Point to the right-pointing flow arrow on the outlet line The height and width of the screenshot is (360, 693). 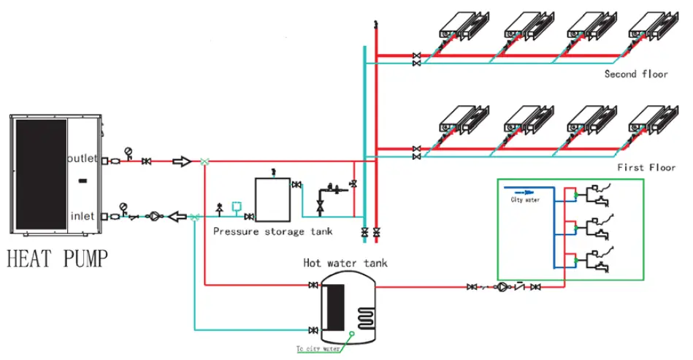click(x=182, y=160)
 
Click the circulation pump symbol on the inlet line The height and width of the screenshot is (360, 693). click(x=154, y=216)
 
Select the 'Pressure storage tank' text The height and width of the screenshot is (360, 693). click(x=272, y=231)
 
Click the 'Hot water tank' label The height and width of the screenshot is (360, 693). click(x=345, y=262)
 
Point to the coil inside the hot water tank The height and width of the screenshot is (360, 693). click(x=363, y=316)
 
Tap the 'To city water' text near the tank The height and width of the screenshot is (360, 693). click(x=318, y=349)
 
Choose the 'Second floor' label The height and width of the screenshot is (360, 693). click(x=635, y=74)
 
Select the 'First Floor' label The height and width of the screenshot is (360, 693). click(x=646, y=167)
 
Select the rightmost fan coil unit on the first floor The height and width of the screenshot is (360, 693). click(x=648, y=120)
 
